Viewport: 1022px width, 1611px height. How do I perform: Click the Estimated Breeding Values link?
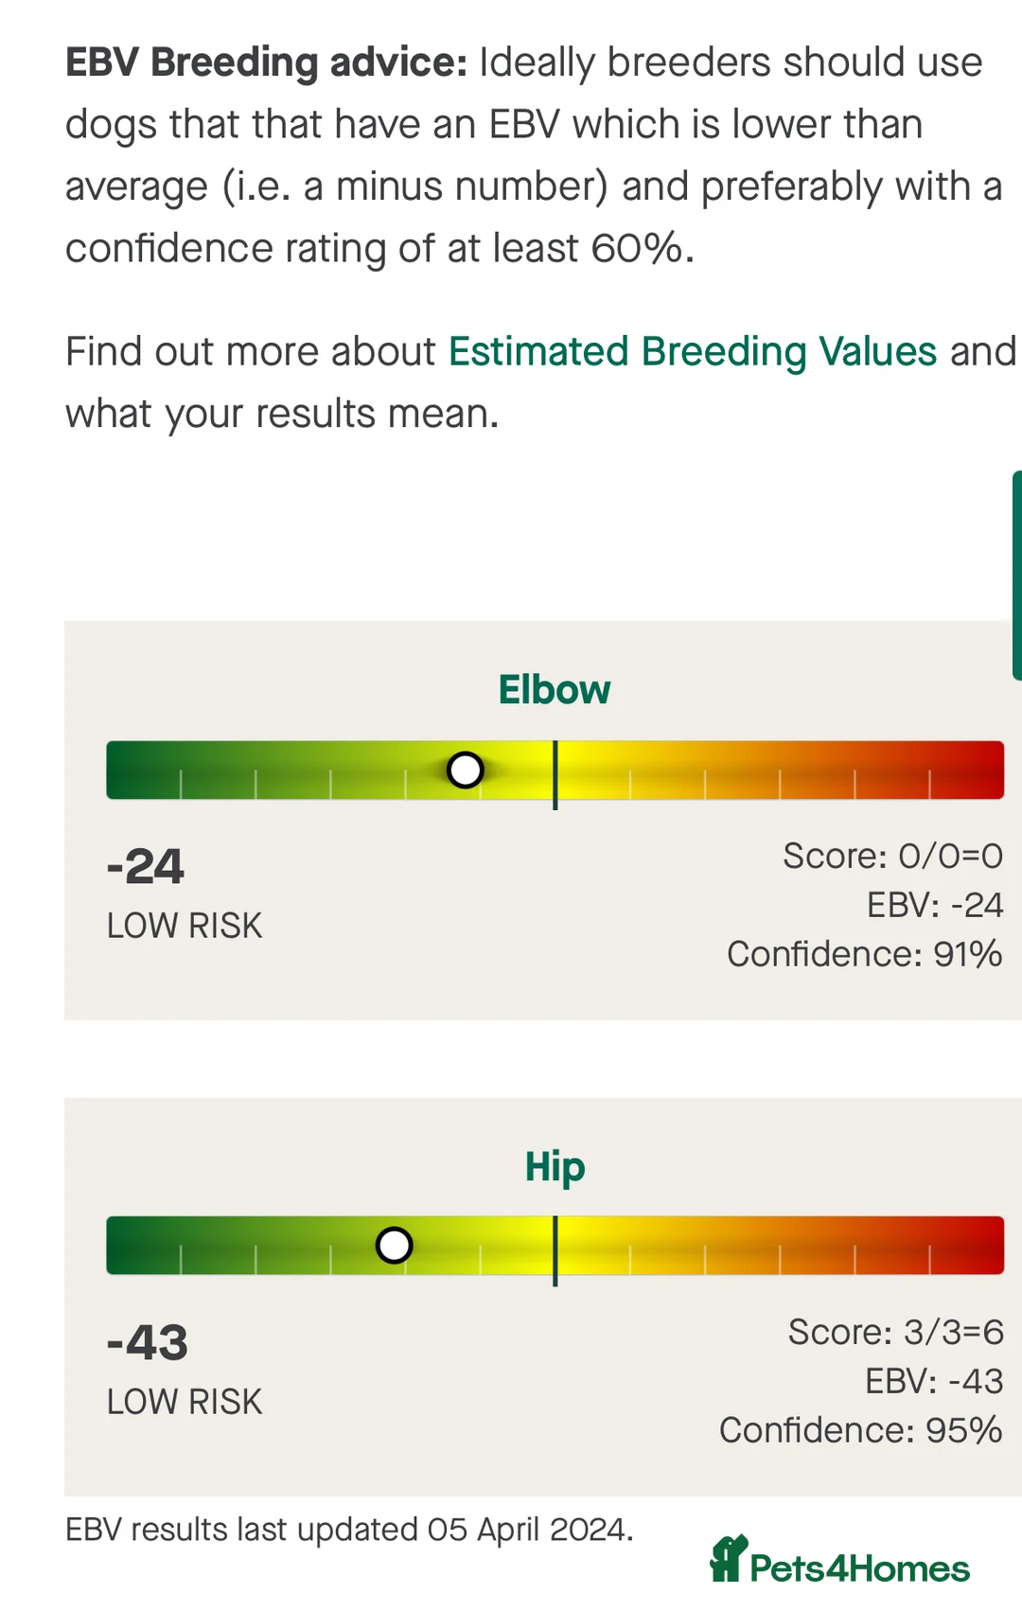click(692, 352)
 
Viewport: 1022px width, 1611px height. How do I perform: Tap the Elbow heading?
click(555, 690)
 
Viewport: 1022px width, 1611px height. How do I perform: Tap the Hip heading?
click(555, 1167)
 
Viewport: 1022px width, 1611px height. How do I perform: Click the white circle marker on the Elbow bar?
click(465, 770)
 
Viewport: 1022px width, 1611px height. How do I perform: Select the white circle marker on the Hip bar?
click(394, 1246)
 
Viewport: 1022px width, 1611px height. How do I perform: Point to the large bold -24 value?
click(146, 866)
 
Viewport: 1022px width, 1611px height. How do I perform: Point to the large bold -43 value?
click(148, 1342)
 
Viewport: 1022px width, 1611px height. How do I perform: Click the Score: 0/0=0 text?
click(892, 856)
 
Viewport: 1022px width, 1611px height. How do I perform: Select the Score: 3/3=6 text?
click(895, 1332)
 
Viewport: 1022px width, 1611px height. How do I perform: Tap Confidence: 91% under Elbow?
click(864, 954)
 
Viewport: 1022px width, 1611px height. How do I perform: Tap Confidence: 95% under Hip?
click(860, 1430)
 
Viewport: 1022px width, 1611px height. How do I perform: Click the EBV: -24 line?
click(934, 905)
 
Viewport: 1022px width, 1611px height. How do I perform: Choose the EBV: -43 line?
click(933, 1381)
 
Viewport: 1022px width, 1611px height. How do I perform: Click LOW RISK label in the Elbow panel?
click(185, 926)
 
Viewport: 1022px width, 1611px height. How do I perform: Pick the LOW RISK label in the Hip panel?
click(185, 1402)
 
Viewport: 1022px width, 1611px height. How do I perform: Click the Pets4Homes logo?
click(839, 1562)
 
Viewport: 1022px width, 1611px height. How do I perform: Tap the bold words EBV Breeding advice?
click(266, 62)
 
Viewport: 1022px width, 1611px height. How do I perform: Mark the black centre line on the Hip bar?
click(555, 1249)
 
